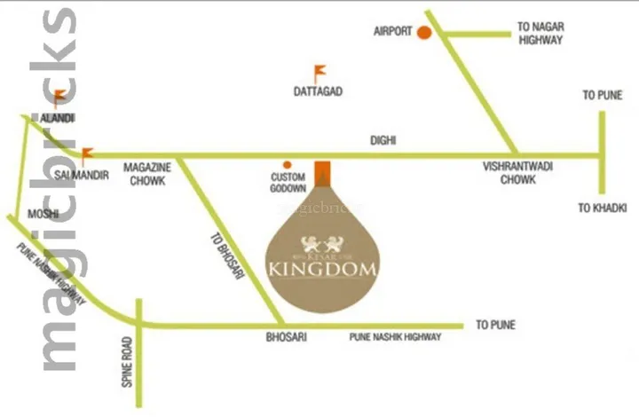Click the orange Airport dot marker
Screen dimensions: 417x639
click(x=424, y=33)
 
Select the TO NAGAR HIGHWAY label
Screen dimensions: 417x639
click(x=540, y=34)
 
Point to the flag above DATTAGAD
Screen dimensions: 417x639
click(x=318, y=71)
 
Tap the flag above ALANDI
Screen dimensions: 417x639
click(x=59, y=97)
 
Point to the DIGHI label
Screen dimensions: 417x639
click(x=383, y=140)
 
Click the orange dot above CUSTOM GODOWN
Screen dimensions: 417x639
click(x=287, y=164)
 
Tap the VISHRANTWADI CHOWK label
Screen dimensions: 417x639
click(x=509, y=172)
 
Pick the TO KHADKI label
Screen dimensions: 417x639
click(x=603, y=208)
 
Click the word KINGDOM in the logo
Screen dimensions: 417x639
click(x=323, y=267)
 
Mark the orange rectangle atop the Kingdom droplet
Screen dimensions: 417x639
click(x=323, y=173)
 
